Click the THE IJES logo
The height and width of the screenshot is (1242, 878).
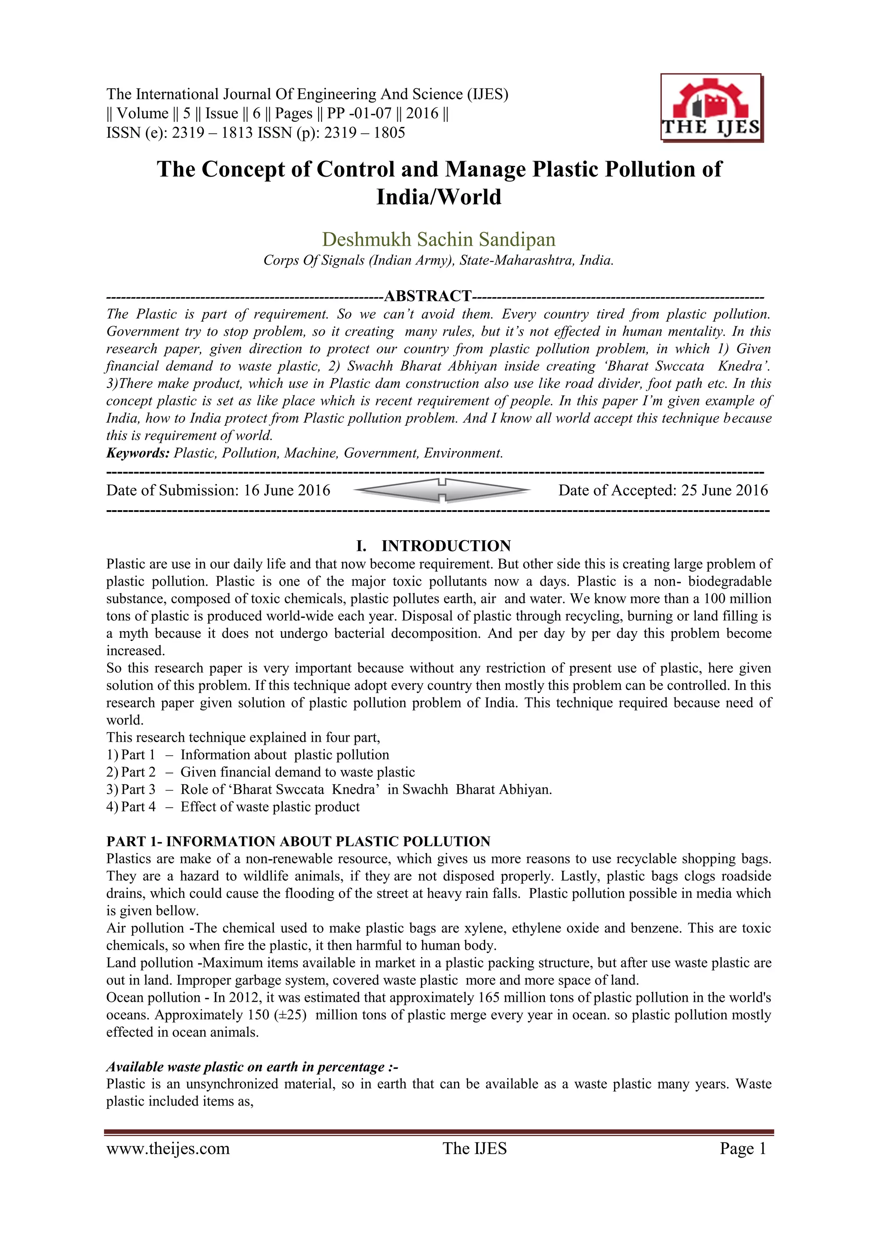tap(711, 108)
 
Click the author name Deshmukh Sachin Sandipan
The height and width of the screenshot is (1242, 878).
tap(438, 239)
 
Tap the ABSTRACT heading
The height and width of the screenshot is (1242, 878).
tap(427, 296)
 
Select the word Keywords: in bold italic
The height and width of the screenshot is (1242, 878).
tap(138, 453)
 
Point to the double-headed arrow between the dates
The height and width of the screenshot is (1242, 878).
tap(442, 490)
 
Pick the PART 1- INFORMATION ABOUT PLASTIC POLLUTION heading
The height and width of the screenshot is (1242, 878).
tap(298, 841)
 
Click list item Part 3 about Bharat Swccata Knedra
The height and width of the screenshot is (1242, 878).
tap(329, 789)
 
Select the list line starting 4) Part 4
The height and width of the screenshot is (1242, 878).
tap(233, 806)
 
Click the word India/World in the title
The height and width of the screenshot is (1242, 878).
tap(439, 197)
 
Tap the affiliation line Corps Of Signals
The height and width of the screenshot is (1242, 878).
tap(438, 260)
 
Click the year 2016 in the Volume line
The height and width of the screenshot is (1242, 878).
tap(422, 113)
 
